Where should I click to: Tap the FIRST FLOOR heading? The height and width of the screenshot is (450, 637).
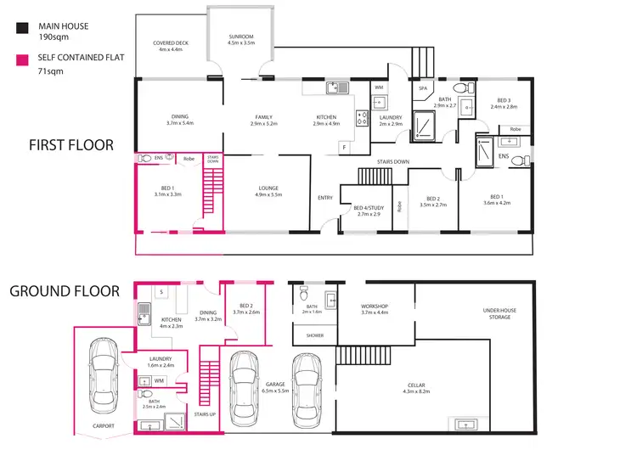(x=71, y=145)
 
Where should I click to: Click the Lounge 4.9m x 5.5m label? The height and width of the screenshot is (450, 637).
(x=268, y=192)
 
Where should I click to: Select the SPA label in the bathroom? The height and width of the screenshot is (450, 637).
(x=422, y=87)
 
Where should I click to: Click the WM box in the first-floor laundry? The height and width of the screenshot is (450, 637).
(x=379, y=87)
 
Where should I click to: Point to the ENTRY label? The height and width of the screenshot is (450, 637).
(x=325, y=198)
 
